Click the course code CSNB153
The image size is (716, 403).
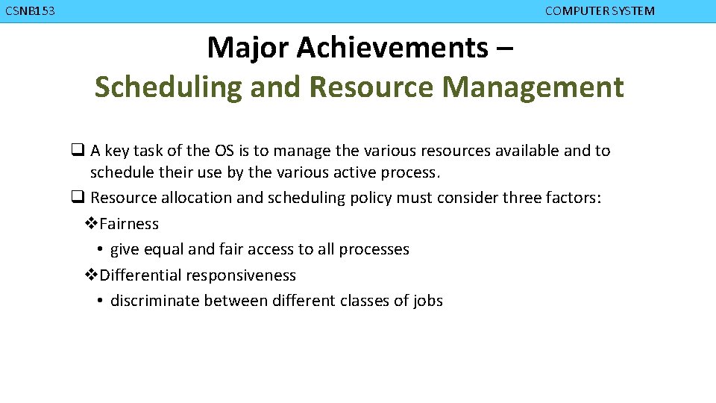pos(29,10)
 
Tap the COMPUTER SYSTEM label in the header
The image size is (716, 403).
pos(600,10)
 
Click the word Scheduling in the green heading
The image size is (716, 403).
pos(168,87)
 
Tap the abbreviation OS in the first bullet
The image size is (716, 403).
pos(224,151)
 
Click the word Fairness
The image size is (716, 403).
pos(129,224)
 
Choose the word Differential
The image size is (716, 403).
pos(140,275)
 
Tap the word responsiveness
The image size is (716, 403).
pos(241,275)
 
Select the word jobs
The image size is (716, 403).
pos(428,301)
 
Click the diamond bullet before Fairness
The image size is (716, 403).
pos(91,224)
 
